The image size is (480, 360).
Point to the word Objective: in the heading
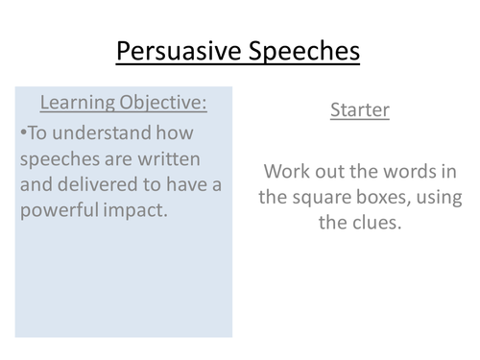point(166,103)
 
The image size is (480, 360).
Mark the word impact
point(136,211)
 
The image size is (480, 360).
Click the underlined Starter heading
point(360,110)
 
